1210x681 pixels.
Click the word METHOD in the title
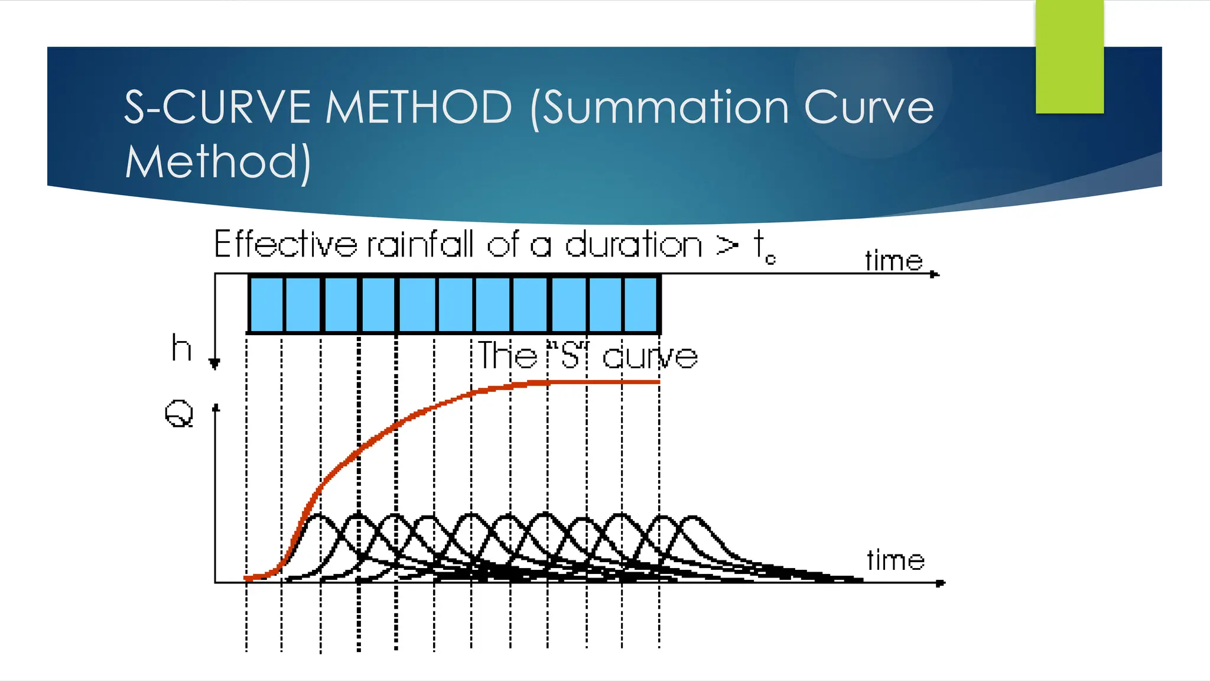coord(418,108)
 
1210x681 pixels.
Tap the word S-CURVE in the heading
coord(217,108)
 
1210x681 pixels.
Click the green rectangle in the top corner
coord(1069,57)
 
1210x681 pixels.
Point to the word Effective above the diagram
coord(285,244)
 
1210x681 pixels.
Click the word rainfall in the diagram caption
coord(420,244)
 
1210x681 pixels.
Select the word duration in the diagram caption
coord(633,244)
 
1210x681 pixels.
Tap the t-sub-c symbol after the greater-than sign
coord(763,247)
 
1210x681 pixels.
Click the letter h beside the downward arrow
coord(181,348)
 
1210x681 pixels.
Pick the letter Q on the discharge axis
coord(179,413)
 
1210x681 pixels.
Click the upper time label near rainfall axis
coord(893,261)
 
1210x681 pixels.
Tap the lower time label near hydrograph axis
coord(895,560)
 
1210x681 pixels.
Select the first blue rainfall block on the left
coord(266,304)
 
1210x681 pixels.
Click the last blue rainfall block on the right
coord(641,304)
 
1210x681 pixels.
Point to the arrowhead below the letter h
coord(215,363)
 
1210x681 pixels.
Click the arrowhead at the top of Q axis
coord(216,407)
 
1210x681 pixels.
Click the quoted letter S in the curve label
coord(570,355)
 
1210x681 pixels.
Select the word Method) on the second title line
coord(217,162)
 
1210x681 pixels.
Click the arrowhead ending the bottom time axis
coord(941,583)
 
